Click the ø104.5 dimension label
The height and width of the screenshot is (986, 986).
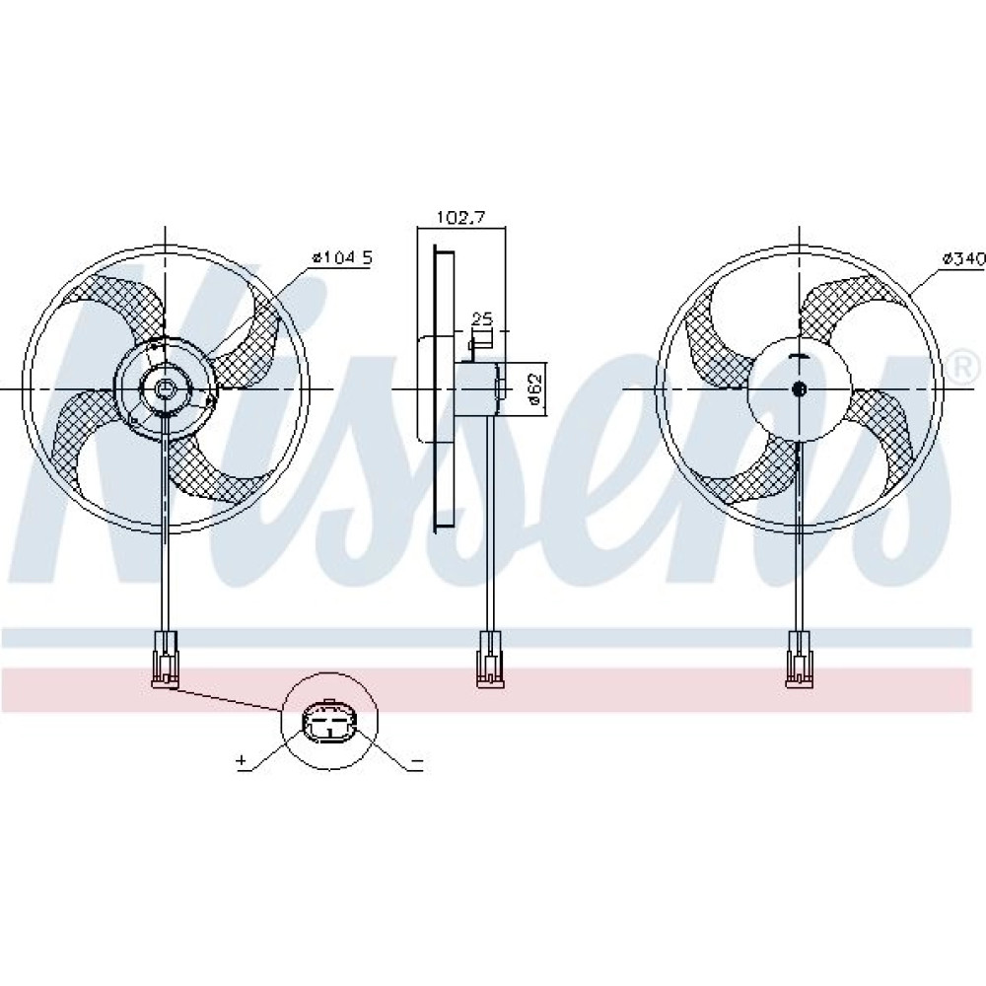343,257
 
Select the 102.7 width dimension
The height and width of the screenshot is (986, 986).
461,218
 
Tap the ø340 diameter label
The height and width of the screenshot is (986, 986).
963,257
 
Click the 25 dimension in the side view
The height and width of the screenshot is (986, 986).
482,318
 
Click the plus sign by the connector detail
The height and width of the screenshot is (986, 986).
242,761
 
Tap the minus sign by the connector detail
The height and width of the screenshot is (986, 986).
417,762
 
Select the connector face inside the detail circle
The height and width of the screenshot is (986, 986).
330,723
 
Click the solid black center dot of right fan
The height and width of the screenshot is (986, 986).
800,389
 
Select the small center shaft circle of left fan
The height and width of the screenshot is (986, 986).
165,389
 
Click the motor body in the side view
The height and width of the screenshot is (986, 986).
478,389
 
